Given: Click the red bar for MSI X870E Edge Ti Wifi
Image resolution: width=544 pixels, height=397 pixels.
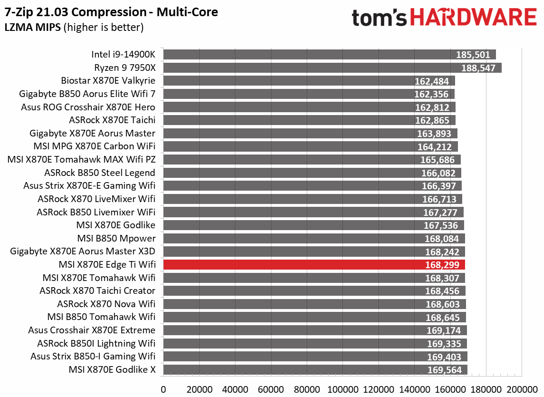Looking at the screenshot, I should tap(314, 265).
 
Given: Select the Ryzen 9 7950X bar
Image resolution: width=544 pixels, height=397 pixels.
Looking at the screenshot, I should tap(332, 68).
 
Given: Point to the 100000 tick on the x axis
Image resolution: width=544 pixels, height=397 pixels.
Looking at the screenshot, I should tap(343, 388).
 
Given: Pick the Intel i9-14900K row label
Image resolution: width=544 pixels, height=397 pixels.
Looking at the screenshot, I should tap(124, 54).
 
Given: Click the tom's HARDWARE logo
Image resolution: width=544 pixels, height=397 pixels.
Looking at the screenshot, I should tap(444, 19).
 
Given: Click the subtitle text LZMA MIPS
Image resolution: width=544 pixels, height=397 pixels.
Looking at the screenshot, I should tap(33, 28).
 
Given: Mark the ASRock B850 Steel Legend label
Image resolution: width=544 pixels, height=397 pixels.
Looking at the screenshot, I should tap(100, 173).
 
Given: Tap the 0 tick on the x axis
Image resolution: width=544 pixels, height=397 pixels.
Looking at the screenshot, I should tap(164, 388).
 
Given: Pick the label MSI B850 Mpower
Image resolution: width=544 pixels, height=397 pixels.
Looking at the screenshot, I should tap(117, 238).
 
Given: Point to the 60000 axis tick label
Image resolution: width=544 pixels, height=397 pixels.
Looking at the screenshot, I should tap(271, 388).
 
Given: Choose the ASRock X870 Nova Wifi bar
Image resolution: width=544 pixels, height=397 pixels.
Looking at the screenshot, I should tap(314, 304).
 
